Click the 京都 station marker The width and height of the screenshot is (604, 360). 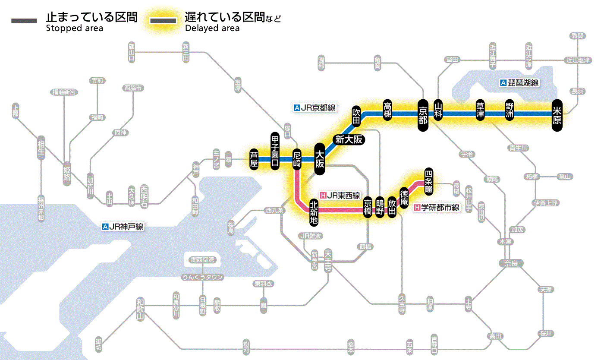[423, 114]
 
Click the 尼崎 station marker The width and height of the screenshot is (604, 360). [297, 159]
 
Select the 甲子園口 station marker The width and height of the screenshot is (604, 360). [275, 151]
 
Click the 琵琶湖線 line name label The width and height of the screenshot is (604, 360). [519, 83]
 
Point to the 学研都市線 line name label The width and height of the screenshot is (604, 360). [437, 208]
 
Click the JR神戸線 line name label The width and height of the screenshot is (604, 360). [123, 227]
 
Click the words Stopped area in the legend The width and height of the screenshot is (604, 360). [75, 28]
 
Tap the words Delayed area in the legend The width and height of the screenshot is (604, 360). [212, 28]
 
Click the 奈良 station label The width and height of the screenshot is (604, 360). [511, 263]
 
